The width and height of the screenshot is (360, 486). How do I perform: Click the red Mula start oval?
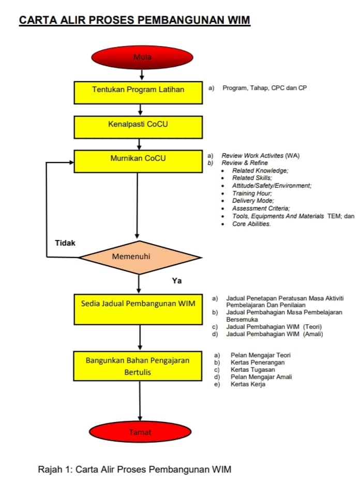(x=142, y=57)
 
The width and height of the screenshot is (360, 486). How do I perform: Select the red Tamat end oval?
(x=140, y=432)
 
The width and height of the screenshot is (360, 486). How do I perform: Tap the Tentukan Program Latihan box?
(x=138, y=93)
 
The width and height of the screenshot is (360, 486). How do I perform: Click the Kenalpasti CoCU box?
(x=138, y=127)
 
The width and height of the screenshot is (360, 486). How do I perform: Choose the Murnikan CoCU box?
(x=138, y=161)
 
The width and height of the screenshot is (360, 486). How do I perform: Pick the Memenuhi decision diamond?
(x=140, y=257)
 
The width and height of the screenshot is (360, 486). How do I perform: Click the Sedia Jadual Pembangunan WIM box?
(x=138, y=309)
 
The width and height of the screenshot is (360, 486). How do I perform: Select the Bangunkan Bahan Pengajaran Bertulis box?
(x=138, y=366)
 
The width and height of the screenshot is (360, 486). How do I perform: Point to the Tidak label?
(x=65, y=243)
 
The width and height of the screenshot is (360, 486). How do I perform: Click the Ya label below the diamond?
(x=177, y=281)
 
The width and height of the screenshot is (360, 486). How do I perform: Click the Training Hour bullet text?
(x=252, y=193)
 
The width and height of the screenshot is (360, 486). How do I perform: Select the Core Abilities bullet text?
(x=251, y=224)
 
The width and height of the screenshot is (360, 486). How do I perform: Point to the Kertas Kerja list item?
(x=248, y=384)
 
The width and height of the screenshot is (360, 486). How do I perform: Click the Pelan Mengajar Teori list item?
(x=261, y=355)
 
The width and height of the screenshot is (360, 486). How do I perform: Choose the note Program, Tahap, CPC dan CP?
(x=264, y=88)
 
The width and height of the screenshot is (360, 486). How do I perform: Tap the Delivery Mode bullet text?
(x=253, y=201)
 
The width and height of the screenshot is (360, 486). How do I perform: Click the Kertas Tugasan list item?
(x=253, y=370)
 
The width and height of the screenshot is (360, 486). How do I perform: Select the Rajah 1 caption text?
(x=134, y=469)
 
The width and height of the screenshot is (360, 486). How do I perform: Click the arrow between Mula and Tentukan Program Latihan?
(x=142, y=74)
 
